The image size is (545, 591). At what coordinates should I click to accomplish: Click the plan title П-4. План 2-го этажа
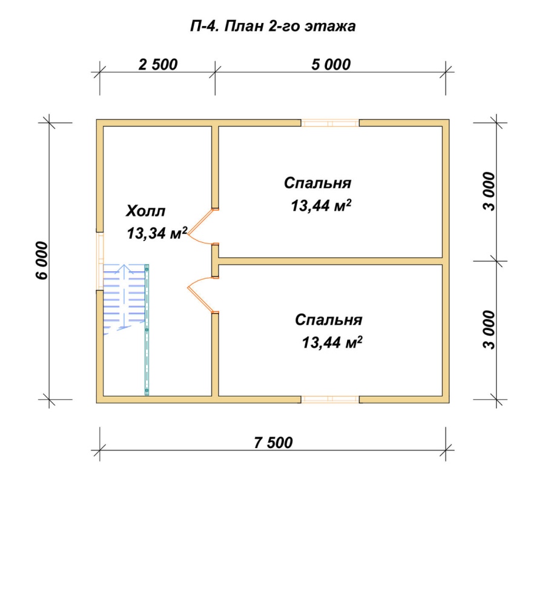pos(273,27)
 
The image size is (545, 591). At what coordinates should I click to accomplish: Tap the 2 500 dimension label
pos(158,64)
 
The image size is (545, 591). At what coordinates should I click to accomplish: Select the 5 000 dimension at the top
pos(331,64)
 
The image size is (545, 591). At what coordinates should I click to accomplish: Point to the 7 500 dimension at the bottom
pos(273,443)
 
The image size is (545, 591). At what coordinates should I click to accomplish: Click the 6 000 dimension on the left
pos(42,260)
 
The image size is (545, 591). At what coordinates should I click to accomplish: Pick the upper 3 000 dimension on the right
pos(489,191)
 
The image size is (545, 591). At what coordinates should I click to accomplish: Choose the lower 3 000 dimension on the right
pos(489,330)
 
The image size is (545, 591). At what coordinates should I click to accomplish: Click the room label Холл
pos(145,211)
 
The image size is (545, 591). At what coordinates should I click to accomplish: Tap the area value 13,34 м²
pos(157,233)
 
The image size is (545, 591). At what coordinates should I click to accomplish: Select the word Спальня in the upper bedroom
pos(317,183)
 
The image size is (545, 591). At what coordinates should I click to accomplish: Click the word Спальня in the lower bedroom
pos(329,320)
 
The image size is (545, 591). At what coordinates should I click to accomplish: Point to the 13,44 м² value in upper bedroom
pos(321,206)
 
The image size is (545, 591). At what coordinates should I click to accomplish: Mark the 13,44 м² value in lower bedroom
pos(332,343)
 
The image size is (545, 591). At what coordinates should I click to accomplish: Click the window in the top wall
pos(330,123)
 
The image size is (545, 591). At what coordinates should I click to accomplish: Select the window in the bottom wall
pos(330,400)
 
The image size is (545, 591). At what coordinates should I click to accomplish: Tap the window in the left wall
pos(100,261)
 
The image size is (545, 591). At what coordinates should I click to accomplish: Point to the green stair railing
pos(147,330)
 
